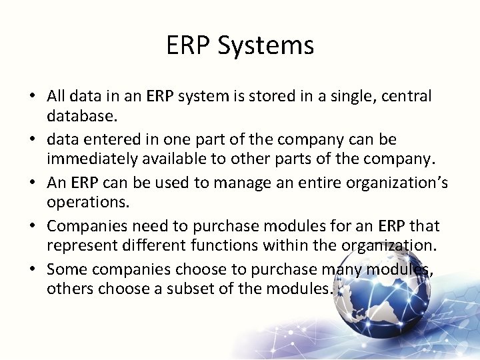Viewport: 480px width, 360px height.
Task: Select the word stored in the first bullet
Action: pos(269,96)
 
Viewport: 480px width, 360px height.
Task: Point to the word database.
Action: pos(81,116)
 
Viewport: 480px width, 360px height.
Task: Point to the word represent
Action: pos(82,246)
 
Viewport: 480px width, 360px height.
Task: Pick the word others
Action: pos(70,289)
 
